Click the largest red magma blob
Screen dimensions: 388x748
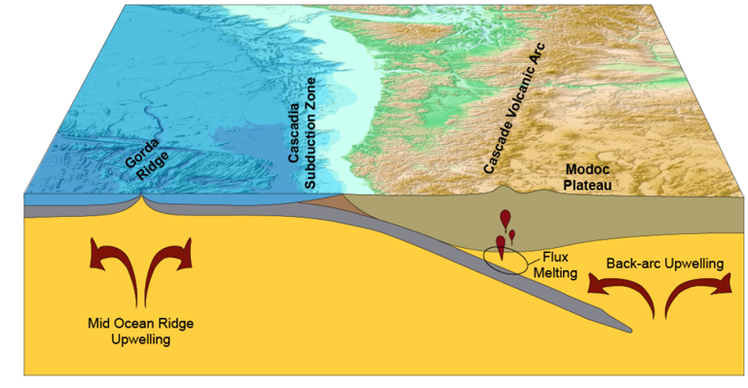click(501, 246)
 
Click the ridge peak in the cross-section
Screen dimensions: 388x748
click(142, 199)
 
